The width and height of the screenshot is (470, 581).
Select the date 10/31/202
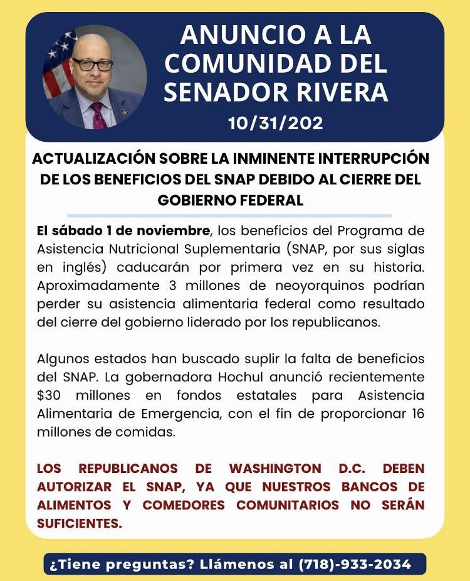[x=276, y=123]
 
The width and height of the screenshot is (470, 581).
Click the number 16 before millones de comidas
[x=415, y=415]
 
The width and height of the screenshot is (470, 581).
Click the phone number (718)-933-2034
[x=355, y=564]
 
